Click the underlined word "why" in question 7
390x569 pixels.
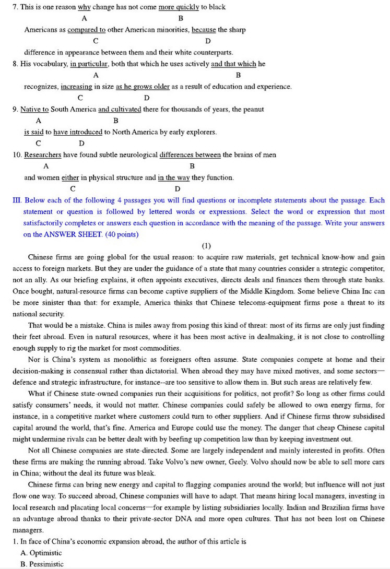point(84,7)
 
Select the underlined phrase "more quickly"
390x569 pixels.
point(179,7)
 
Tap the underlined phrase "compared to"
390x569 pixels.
point(87,30)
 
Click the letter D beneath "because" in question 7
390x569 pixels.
point(208,41)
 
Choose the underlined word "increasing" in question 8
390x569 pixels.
point(76,87)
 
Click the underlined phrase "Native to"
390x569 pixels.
point(34,109)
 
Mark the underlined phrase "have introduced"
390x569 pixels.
point(78,132)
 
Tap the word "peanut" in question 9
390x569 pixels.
point(252,109)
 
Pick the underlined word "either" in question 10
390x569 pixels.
point(70,177)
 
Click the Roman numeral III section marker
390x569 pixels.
point(17,200)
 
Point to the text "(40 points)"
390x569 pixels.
point(122,234)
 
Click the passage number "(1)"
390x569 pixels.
point(206,245)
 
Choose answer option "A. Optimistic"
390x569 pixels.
point(41,553)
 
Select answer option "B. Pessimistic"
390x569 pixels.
point(42,564)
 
